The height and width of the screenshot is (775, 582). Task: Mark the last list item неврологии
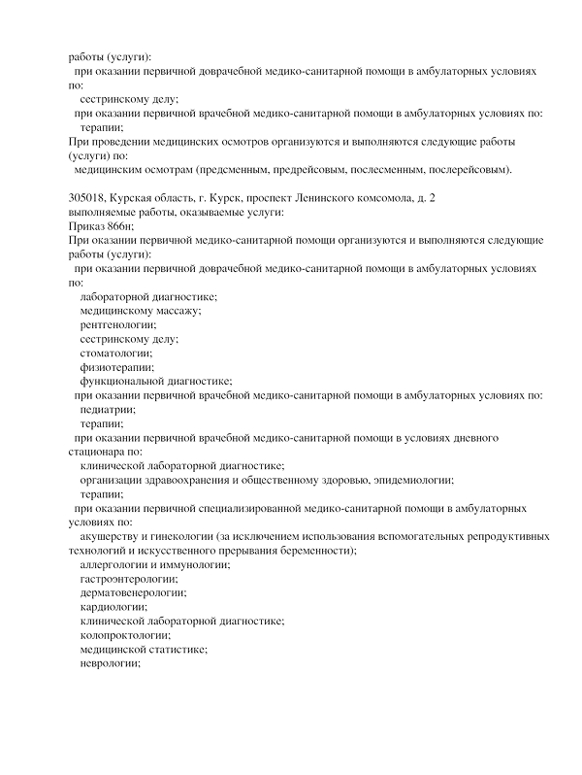(111, 662)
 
